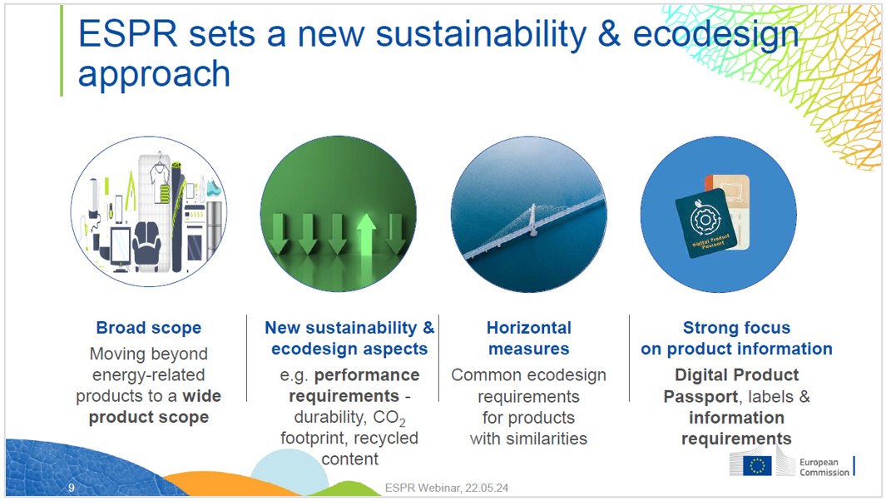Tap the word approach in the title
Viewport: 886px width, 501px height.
154,75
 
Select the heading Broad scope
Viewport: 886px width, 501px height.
149,328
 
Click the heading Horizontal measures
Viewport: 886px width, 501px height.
529,338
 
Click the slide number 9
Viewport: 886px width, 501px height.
72,488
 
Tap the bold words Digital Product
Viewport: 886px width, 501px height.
736,375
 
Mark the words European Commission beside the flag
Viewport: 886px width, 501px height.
824,467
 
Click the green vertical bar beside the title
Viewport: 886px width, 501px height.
62,51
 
